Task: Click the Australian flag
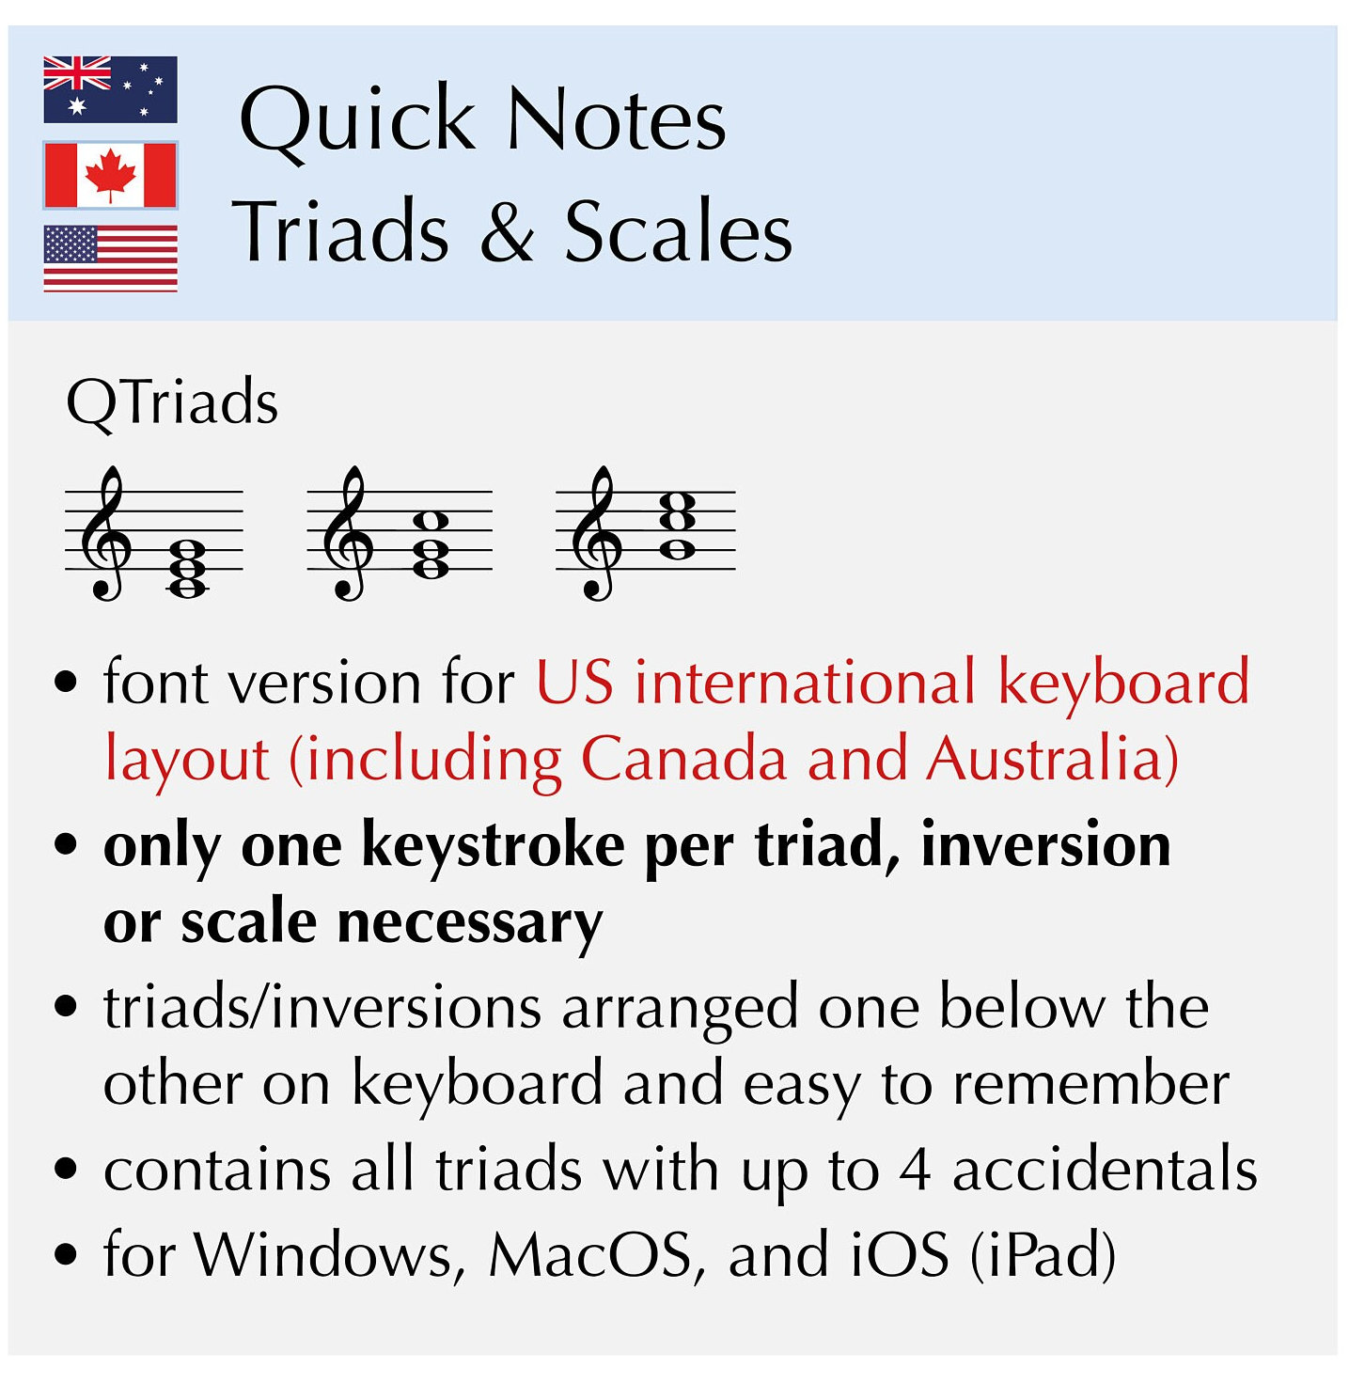(x=110, y=89)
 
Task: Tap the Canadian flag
(x=110, y=175)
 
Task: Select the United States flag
(x=110, y=259)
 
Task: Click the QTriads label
(x=172, y=402)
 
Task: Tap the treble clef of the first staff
(x=106, y=532)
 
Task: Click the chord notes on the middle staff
(x=431, y=543)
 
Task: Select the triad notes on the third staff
(x=678, y=525)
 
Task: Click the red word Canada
(x=682, y=759)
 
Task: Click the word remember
(x=1090, y=1084)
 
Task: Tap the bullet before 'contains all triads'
(x=66, y=1169)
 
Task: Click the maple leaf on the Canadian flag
(x=110, y=175)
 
